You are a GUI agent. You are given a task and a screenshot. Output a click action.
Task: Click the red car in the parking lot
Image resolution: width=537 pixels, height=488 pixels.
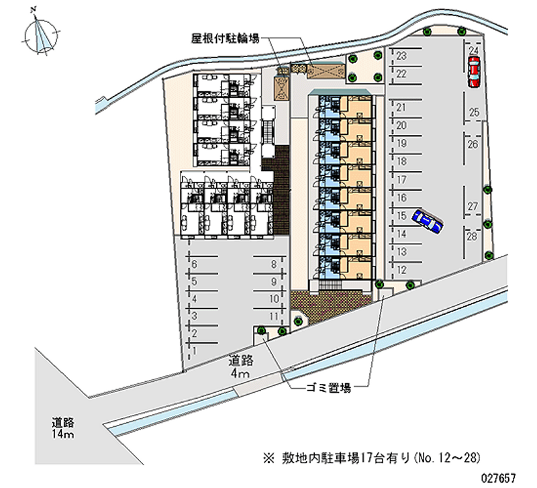(x=474, y=70)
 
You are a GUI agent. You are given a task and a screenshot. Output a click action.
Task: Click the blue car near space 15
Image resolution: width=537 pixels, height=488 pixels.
(x=427, y=221)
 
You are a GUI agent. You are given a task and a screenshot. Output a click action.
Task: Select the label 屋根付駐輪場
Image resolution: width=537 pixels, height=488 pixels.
(x=226, y=39)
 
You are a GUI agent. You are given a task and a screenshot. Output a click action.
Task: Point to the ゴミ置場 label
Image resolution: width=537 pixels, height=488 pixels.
(x=328, y=387)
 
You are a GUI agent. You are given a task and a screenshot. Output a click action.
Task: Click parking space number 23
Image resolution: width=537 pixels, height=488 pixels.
(x=401, y=56)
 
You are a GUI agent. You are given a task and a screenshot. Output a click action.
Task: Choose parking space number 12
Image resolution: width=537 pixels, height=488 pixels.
(x=401, y=269)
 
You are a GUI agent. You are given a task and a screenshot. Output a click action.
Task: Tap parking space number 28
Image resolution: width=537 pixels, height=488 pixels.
(x=473, y=236)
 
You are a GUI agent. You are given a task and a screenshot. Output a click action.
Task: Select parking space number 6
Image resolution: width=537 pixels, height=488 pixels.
(x=194, y=264)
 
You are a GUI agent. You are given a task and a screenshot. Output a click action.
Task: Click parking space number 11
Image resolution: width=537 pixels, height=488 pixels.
(x=274, y=315)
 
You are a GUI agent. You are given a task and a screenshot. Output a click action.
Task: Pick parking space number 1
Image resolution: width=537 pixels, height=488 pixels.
(x=194, y=350)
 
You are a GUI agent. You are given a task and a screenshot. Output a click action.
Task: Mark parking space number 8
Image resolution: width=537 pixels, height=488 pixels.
(x=274, y=264)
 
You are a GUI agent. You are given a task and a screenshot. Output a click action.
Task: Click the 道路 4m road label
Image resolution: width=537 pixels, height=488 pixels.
(x=240, y=367)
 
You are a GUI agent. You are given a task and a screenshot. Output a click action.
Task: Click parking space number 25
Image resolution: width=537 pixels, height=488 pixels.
(x=473, y=112)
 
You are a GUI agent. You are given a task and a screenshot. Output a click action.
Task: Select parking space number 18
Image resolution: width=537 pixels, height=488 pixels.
(x=401, y=162)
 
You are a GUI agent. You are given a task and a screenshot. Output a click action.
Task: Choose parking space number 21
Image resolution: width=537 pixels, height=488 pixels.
(x=401, y=107)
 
